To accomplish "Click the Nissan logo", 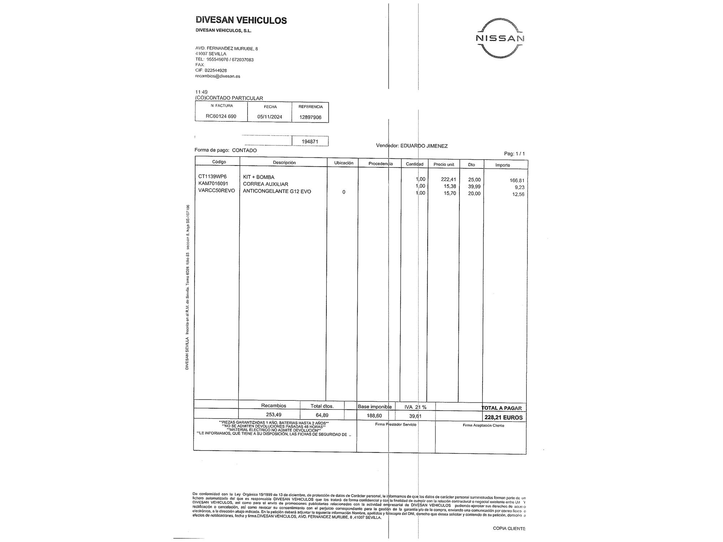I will tap(500, 38).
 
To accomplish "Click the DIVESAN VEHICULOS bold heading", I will tap(241, 20).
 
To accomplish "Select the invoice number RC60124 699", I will tap(221, 116).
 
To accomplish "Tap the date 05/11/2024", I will tap(270, 117).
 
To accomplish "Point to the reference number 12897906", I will tap(310, 117).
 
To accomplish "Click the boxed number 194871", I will tap(310, 142).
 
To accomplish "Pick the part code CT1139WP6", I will tap(213, 177).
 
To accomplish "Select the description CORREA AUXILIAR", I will tap(265, 184).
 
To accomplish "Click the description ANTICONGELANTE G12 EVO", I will tap(277, 191).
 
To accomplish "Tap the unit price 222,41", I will tap(448, 179).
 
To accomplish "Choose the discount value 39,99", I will tap(474, 186).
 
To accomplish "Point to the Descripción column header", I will tap(284, 163).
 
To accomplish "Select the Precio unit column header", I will tap(444, 164).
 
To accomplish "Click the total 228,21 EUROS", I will tap(504, 417).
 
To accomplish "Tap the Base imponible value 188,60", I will tap(374, 416).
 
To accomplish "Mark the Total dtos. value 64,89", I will tap(322, 415).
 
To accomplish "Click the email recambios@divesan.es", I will tap(218, 76).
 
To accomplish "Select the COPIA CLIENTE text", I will tap(509, 528).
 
